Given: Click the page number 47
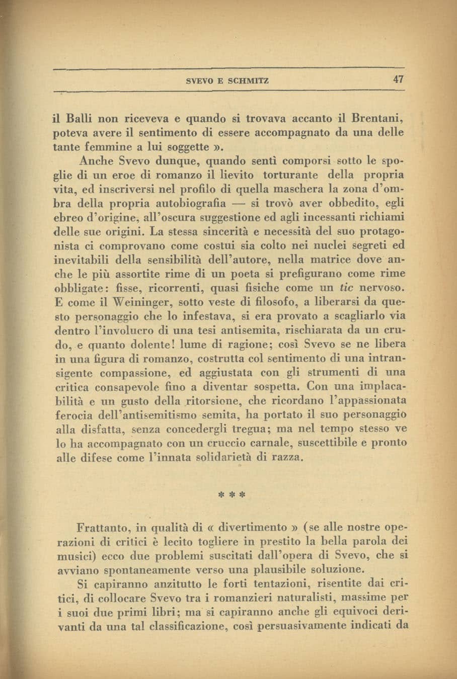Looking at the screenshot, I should [399, 79].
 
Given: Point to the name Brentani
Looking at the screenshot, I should [377, 119].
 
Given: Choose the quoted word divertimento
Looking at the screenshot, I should [246, 528].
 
